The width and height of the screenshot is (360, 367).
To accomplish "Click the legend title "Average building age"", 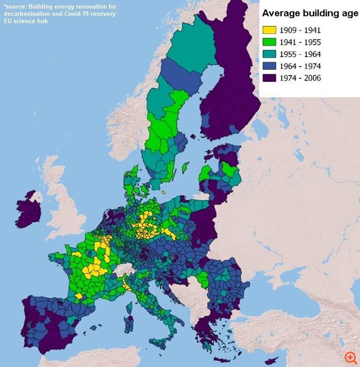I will click(x=307, y=13).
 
